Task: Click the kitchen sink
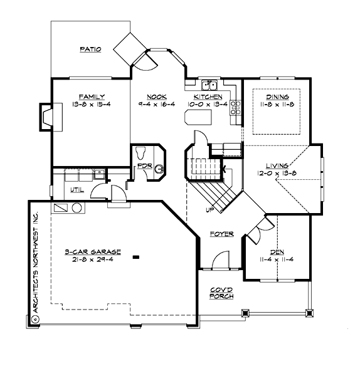pyautogui.click(x=208, y=86)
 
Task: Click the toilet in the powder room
pyautogui.click(x=141, y=152)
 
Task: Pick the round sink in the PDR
pyautogui.click(x=159, y=168)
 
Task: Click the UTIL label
pyautogui.click(x=77, y=190)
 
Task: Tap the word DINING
pyautogui.click(x=277, y=97)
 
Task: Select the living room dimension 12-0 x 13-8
pyautogui.click(x=277, y=173)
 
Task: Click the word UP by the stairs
pyautogui.click(x=209, y=209)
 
